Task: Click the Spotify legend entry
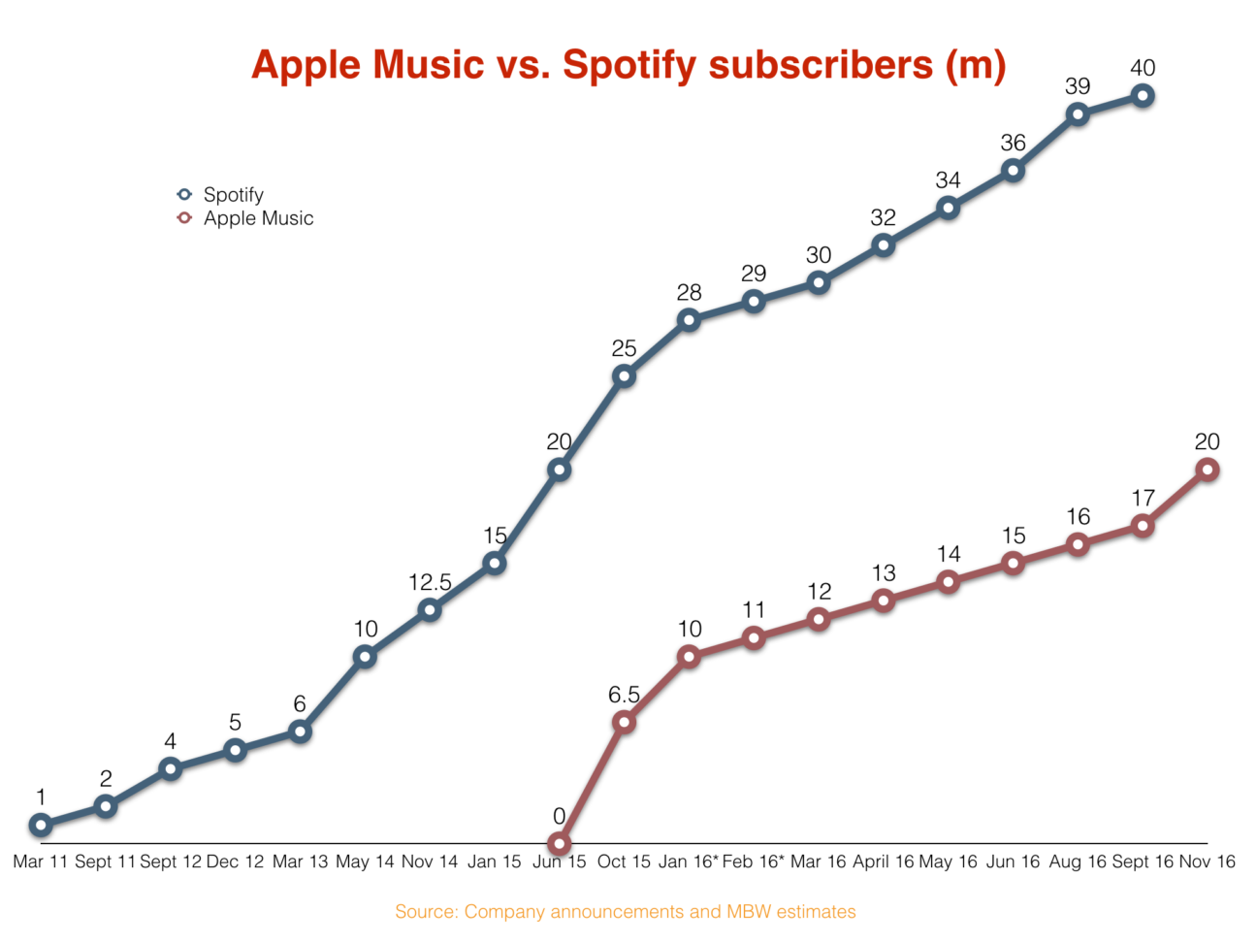pos(233,194)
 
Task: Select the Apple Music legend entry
pos(257,218)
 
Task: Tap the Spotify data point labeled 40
pos(1143,95)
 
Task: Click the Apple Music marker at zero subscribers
pos(559,843)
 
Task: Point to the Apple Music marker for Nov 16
pos(1208,470)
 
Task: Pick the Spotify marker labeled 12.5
pos(430,609)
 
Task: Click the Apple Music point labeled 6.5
pos(624,722)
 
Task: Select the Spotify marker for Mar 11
pos(41,825)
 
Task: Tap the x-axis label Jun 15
pos(560,862)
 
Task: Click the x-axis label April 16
pos(883,862)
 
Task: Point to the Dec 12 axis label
pos(235,862)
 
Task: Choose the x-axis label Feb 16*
pos(754,862)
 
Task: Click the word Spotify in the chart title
pos(629,65)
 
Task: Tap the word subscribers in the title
pos(821,65)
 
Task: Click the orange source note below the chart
pos(626,912)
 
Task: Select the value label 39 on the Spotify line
pos(1078,86)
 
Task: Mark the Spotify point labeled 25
pos(624,375)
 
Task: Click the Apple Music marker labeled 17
pos(1143,526)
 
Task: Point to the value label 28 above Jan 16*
pos(689,292)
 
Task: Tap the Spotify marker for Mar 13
pos(300,731)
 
